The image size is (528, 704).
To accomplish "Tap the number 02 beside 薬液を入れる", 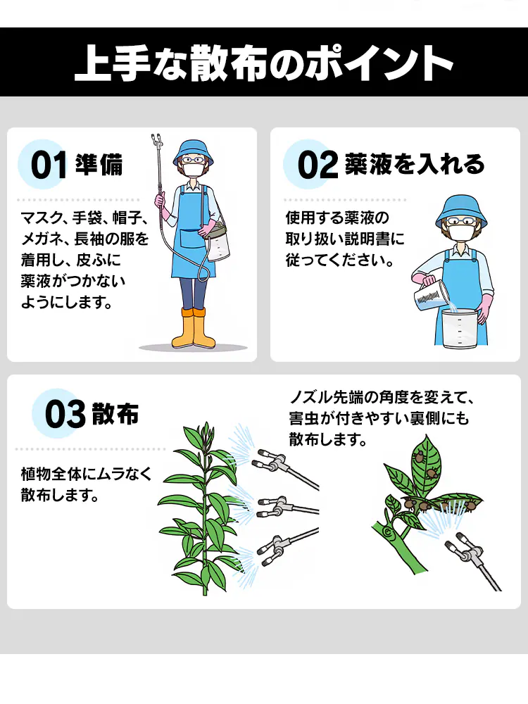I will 318,165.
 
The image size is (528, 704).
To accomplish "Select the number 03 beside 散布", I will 65,415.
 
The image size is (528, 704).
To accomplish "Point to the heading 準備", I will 99,165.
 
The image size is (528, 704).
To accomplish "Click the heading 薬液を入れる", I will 415,164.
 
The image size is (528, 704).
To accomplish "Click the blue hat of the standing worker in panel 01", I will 193,149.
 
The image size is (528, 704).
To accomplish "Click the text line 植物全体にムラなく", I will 87,474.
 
